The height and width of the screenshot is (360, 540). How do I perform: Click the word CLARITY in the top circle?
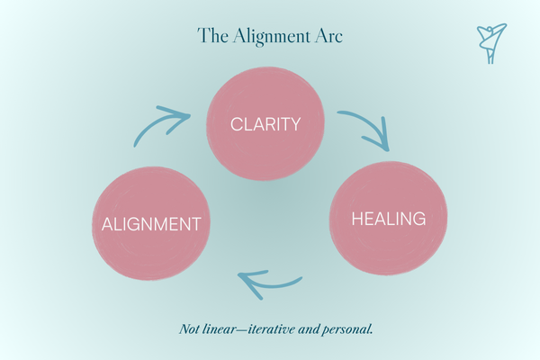265,124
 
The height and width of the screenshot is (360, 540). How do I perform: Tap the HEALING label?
389,219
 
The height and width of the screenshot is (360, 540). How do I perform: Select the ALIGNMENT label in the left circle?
151,224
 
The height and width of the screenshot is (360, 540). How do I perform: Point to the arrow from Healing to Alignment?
272,284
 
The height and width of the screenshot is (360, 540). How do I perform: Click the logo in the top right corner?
491,43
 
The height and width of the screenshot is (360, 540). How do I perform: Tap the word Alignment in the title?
271,37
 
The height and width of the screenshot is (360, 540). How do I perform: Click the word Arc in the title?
328,36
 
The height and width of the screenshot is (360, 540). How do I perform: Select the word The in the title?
212,35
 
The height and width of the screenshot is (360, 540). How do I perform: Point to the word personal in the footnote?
347,330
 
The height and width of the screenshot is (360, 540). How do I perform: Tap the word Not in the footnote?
189,329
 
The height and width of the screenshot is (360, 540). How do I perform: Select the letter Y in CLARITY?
295,124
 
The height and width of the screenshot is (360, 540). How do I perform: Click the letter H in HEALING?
356,219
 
